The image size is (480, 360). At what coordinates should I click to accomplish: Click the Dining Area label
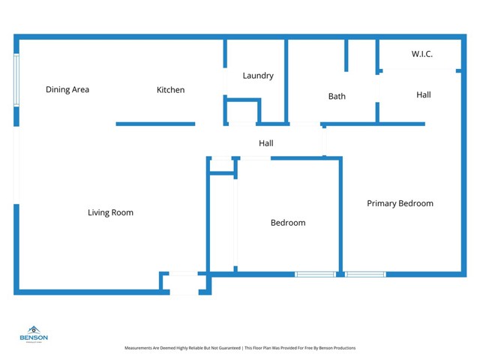pyautogui.click(x=67, y=90)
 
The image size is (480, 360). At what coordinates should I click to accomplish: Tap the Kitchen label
pyautogui.click(x=170, y=90)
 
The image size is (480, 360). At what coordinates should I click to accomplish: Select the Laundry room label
pyautogui.click(x=258, y=76)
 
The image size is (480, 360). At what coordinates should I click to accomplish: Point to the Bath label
pyautogui.click(x=337, y=97)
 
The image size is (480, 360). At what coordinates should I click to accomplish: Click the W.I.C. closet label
pyautogui.click(x=421, y=54)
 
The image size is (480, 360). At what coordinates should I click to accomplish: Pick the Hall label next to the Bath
pyautogui.click(x=423, y=95)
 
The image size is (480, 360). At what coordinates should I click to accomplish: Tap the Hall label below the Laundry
pyautogui.click(x=266, y=143)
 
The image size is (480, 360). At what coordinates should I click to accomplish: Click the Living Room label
pyautogui.click(x=110, y=213)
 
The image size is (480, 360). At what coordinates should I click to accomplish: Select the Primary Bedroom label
pyautogui.click(x=400, y=203)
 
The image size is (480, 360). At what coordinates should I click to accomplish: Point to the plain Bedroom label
pyautogui.click(x=288, y=223)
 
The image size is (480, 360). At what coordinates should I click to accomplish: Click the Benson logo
pyautogui.click(x=34, y=334)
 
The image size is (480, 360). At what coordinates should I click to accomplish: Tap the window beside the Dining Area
pyautogui.click(x=16, y=80)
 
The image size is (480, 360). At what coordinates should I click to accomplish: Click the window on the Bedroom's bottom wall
pyautogui.click(x=315, y=274)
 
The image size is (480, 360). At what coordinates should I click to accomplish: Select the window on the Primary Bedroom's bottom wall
pyautogui.click(x=365, y=274)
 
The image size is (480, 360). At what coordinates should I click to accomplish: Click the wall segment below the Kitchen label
pyautogui.click(x=155, y=124)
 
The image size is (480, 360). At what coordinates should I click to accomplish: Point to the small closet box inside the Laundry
pyautogui.click(x=242, y=112)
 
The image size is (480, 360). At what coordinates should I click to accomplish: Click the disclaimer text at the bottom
pyautogui.click(x=240, y=348)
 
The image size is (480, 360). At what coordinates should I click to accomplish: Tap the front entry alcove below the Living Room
pyautogui.click(x=184, y=283)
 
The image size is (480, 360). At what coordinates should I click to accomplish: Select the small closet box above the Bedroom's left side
pyautogui.click(x=222, y=166)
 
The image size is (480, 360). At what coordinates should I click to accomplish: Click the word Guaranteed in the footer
pyautogui.click(x=229, y=348)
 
